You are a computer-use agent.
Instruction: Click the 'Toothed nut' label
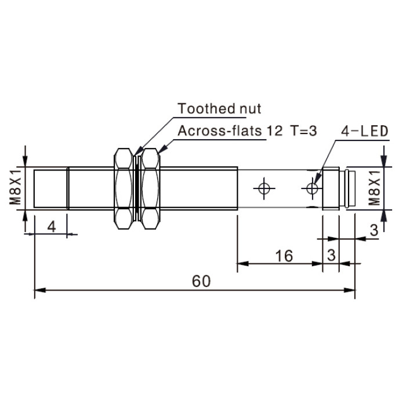[219, 108]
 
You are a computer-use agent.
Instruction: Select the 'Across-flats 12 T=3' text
[247, 130]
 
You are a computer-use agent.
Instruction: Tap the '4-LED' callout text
[365, 131]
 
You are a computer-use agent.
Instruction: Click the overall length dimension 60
[201, 281]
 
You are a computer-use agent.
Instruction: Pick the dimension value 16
[284, 256]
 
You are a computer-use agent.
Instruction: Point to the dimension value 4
[52, 227]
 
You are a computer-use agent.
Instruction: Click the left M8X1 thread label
[15, 188]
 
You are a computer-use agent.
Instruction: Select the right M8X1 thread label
[374, 188]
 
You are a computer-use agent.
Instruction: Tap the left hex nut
[124, 188]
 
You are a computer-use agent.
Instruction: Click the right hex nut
[150, 188]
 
